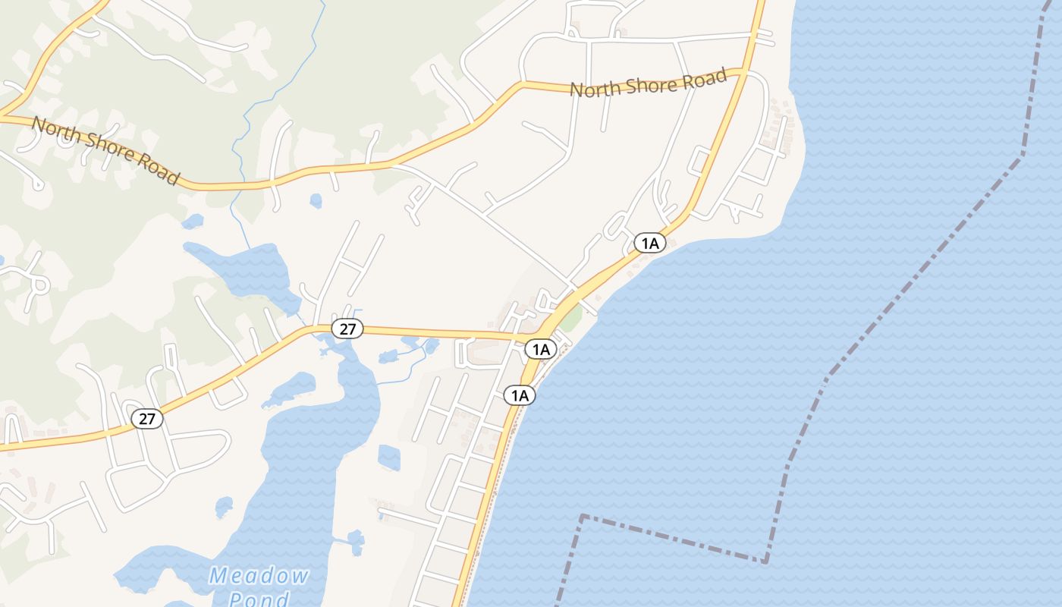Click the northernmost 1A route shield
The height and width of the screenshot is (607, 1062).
[x=650, y=243]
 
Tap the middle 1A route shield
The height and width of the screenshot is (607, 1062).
[x=541, y=349]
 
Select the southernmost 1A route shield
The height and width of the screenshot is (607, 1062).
[x=520, y=395]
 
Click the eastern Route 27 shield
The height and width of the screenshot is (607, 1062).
[x=347, y=329]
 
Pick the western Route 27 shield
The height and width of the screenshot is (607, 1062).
[x=147, y=418]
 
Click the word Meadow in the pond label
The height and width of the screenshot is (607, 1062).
[x=259, y=575]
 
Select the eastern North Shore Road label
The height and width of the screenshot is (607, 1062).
[x=649, y=82]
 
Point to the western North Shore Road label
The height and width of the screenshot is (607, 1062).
[x=105, y=149]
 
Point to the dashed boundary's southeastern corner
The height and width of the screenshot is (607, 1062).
[x=765, y=562]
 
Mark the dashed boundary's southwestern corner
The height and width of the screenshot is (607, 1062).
[x=582, y=516]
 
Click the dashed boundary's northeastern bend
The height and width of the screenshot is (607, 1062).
[x=1022, y=156]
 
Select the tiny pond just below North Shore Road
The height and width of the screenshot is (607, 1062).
[x=316, y=200]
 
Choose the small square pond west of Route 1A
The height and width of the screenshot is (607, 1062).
[x=389, y=458]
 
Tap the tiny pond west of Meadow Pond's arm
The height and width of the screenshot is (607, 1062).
[x=224, y=507]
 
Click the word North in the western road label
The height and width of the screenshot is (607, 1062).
[x=52, y=129]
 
